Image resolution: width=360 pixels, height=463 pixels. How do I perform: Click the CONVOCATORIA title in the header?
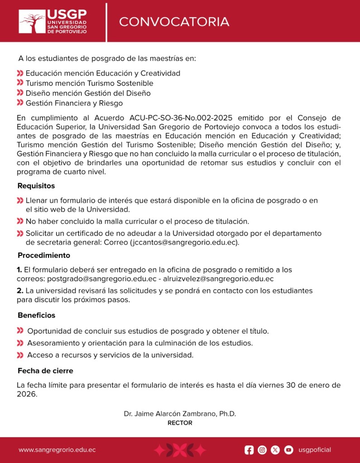click(x=174, y=22)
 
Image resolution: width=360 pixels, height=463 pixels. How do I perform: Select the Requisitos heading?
click(x=36, y=186)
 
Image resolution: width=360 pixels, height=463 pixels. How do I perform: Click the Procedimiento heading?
click(x=44, y=255)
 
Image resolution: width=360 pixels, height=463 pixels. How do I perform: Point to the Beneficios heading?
click(x=37, y=315)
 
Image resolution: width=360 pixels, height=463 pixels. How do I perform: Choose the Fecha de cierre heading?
click(x=45, y=371)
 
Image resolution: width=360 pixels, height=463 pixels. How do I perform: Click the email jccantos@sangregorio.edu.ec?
click(x=184, y=242)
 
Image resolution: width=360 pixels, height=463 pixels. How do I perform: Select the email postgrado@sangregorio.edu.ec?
click(x=102, y=279)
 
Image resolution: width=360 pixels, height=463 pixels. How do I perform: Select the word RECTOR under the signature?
click(x=180, y=423)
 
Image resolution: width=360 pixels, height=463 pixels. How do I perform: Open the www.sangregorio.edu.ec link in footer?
click(x=57, y=450)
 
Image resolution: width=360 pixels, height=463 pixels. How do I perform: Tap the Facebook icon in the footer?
click(x=249, y=450)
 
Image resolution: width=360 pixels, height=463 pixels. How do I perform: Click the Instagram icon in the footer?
click(x=262, y=450)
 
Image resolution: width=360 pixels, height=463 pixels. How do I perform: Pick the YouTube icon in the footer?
click(x=289, y=450)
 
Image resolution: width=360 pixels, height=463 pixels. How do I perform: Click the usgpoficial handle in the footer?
click(x=315, y=450)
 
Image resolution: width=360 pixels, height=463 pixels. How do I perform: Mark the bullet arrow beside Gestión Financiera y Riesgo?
click(x=20, y=104)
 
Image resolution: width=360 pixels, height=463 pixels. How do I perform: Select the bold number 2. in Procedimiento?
click(x=20, y=290)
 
